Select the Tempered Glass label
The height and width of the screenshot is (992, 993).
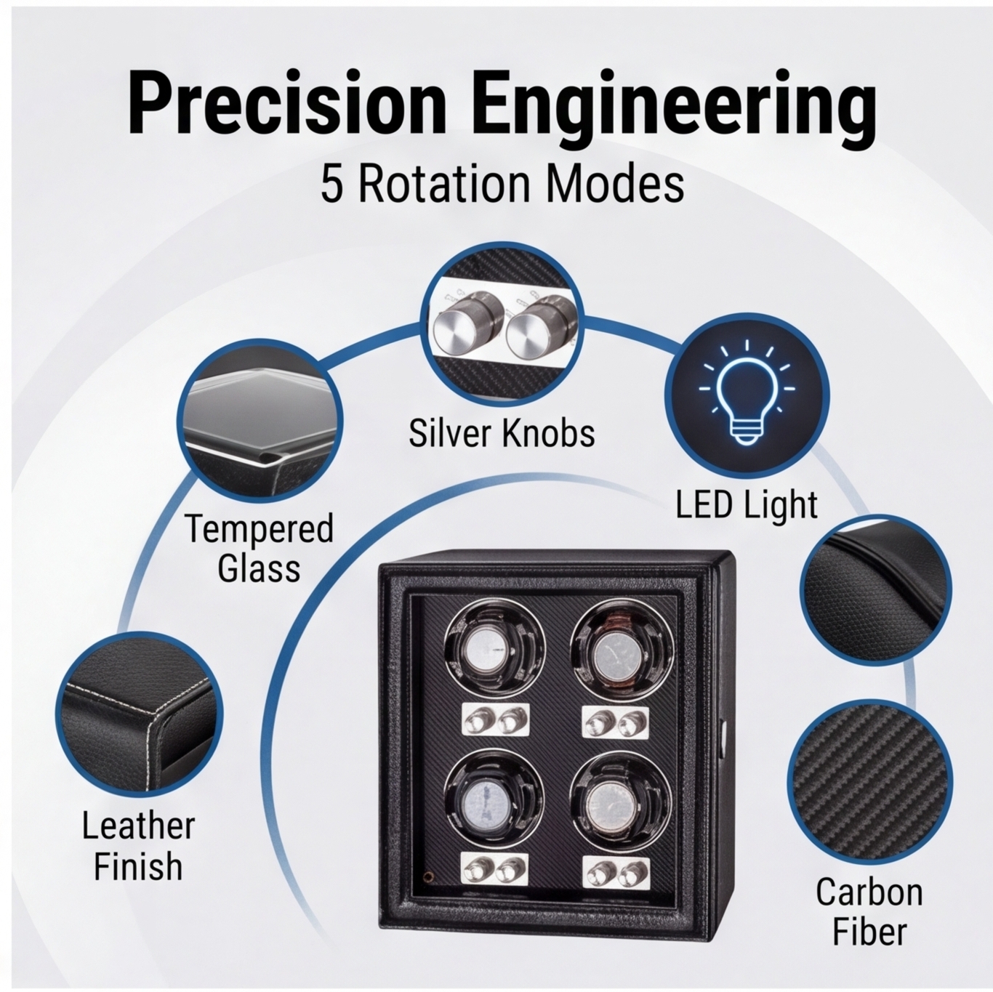click(259, 549)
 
